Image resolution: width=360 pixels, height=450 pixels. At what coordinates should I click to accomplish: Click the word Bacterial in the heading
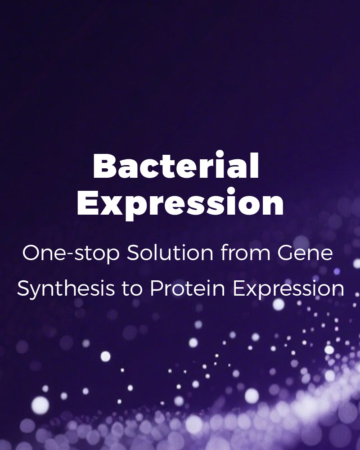(x=176, y=166)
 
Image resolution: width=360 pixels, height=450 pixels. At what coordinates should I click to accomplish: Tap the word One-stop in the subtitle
(x=71, y=253)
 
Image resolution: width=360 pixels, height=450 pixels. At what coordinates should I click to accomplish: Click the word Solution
(x=170, y=252)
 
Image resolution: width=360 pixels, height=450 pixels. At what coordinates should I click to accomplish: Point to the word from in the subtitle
(x=245, y=252)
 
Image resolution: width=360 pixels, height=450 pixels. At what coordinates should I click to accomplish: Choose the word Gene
(x=305, y=253)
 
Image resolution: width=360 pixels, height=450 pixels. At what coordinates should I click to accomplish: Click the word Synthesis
(x=66, y=289)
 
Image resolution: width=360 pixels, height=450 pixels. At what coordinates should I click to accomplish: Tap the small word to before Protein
(x=132, y=289)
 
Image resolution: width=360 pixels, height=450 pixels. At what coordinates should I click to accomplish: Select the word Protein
(x=188, y=288)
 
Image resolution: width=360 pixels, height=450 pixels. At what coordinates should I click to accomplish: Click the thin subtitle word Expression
(x=288, y=289)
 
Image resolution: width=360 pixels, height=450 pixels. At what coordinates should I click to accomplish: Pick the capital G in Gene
(x=286, y=253)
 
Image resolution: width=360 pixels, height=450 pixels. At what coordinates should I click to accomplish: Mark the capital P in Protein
(x=157, y=288)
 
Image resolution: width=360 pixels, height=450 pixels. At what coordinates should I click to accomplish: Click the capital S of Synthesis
(x=24, y=288)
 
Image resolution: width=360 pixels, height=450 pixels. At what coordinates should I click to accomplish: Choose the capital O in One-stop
(x=31, y=253)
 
